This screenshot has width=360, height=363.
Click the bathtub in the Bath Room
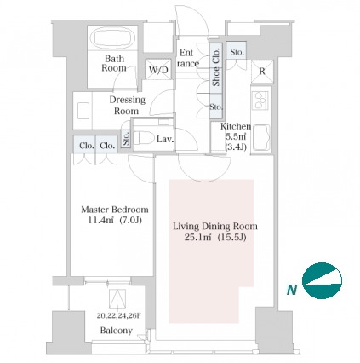[x=114, y=38]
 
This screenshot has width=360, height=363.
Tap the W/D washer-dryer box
[x=158, y=69]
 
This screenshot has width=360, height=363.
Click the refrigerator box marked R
[x=262, y=72]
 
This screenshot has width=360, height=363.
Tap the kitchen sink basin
[x=261, y=137]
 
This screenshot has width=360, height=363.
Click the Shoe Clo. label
[x=216, y=67]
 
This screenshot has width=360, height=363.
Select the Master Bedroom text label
[x=115, y=210]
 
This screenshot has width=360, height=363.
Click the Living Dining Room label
[x=215, y=226]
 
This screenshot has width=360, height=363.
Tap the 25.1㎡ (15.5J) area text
[x=215, y=237]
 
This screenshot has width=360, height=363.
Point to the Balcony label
[x=117, y=331]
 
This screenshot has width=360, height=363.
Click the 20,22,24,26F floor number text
[x=118, y=315]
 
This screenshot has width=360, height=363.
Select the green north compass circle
[x=322, y=280]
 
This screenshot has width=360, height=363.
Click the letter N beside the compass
[x=292, y=290]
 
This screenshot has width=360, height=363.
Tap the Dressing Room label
[x=127, y=105]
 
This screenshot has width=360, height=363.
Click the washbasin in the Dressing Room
[x=83, y=111]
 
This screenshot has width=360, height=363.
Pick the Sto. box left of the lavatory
[x=126, y=139]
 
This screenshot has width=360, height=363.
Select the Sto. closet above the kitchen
[x=237, y=52]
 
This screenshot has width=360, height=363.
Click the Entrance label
[x=187, y=58]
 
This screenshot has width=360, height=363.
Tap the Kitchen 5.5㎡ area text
[x=235, y=136]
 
